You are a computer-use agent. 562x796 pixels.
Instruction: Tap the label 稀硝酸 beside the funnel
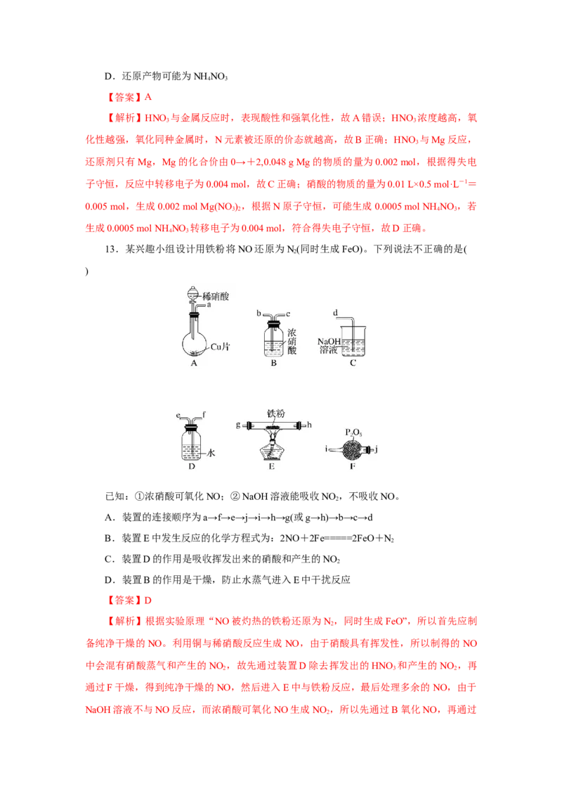point(216,296)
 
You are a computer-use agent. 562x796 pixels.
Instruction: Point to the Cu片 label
point(220,347)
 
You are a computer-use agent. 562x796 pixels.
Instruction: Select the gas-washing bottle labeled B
point(273,337)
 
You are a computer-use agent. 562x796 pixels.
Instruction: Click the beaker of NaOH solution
point(353,341)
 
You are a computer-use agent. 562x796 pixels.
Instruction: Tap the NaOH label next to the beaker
point(329,342)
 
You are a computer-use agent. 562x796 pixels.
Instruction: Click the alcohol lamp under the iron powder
point(273,448)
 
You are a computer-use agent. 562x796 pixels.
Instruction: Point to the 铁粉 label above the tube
point(276,413)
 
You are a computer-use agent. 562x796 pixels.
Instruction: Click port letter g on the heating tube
point(238,425)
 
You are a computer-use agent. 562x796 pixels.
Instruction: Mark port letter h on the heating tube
point(309,425)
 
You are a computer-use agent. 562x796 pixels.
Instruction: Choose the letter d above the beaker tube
point(335,313)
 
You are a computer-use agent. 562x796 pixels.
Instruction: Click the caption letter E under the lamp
point(272,466)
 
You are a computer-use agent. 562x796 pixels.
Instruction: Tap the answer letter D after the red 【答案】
point(148,601)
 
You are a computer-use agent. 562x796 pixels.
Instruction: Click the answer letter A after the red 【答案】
point(148,97)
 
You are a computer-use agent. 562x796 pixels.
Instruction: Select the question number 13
point(110,249)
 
